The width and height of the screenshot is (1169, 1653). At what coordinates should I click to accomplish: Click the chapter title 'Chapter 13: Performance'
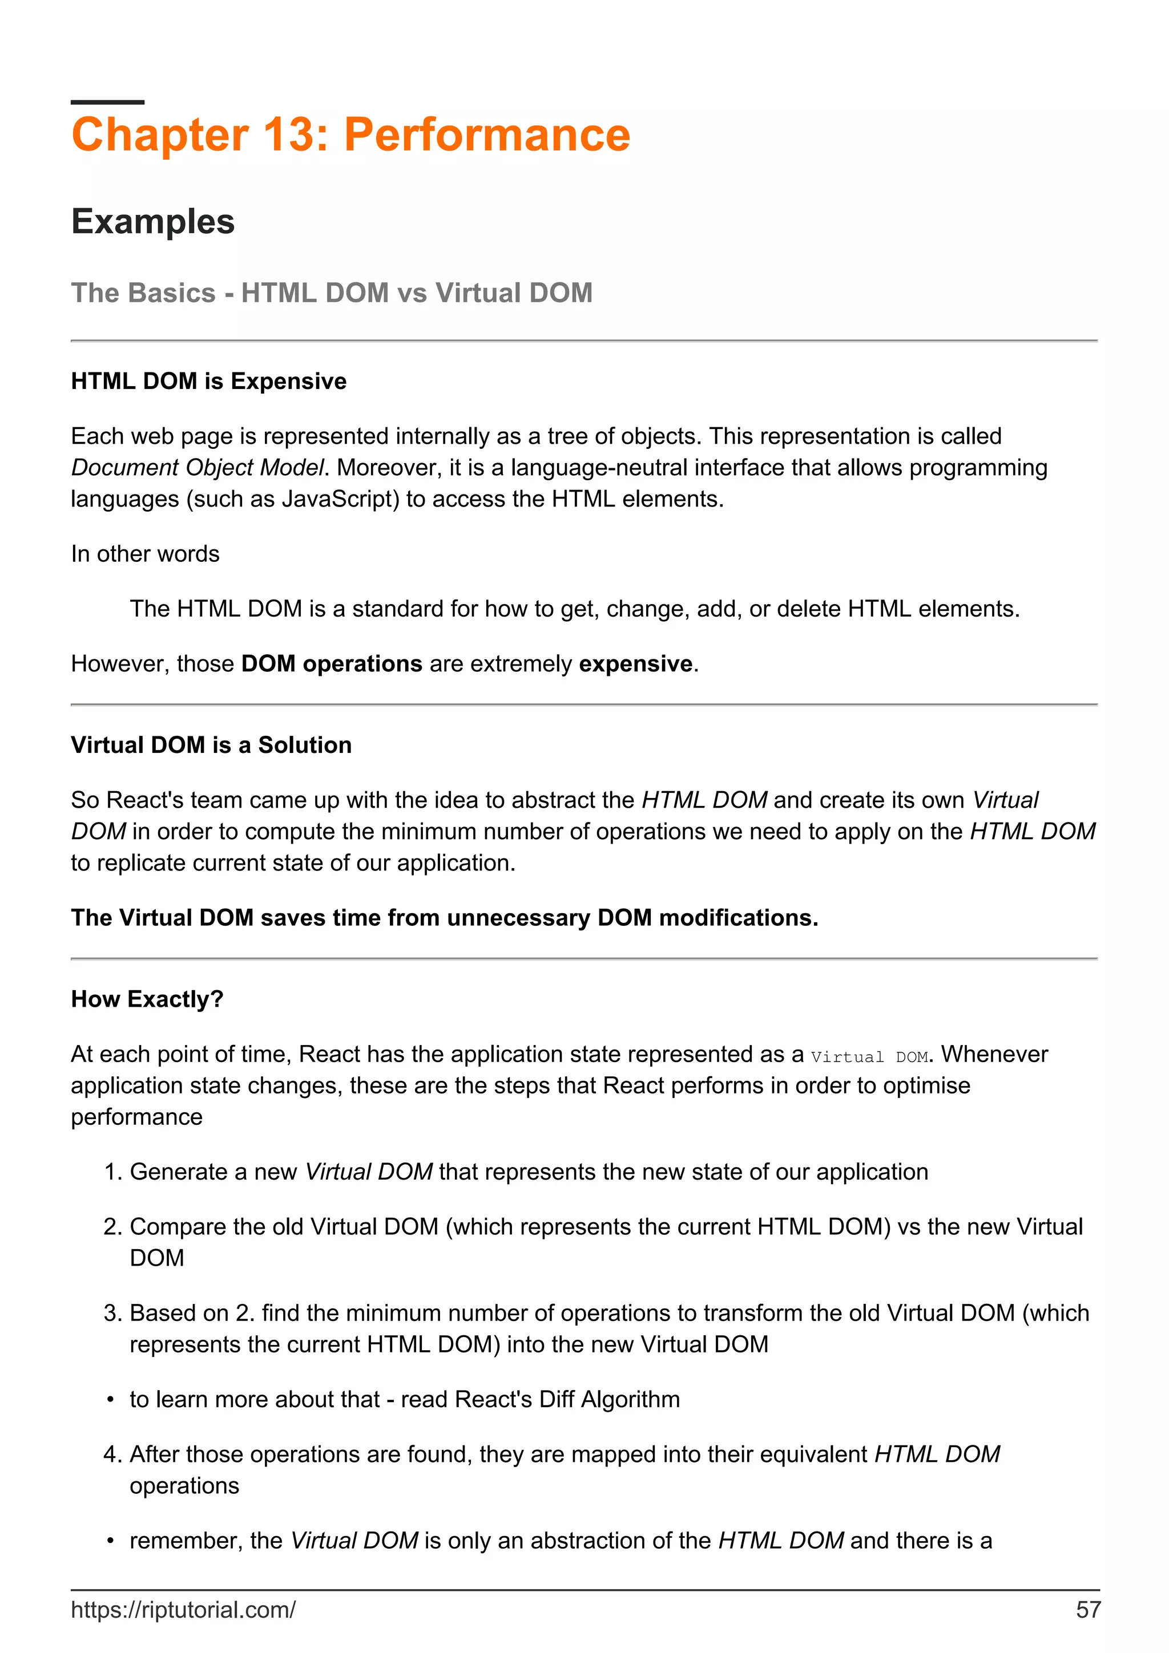pyautogui.click(x=351, y=135)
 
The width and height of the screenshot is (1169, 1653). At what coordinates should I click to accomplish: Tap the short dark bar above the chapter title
pyautogui.click(x=107, y=102)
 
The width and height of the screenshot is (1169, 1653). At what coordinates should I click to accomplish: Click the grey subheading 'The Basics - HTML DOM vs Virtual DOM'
pyautogui.click(x=331, y=293)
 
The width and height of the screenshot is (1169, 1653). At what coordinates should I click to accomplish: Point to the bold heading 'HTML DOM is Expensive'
pyautogui.click(x=208, y=381)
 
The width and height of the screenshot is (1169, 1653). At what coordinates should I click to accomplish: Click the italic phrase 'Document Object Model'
pyautogui.click(x=197, y=468)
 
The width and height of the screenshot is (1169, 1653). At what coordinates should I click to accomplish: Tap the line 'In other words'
pyautogui.click(x=145, y=554)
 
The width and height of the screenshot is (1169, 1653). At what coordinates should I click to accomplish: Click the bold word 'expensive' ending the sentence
pyautogui.click(x=635, y=664)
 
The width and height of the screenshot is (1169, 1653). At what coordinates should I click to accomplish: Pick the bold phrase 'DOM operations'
pyautogui.click(x=331, y=664)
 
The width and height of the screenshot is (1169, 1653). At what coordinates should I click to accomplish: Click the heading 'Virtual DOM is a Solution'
pyautogui.click(x=211, y=745)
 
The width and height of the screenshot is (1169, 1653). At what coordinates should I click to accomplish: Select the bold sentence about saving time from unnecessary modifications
pyautogui.click(x=445, y=918)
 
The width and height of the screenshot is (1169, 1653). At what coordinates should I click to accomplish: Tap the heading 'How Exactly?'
pyautogui.click(x=147, y=999)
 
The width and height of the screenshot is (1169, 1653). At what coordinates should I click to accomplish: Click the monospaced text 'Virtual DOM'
pyautogui.click(x=869, y=1057)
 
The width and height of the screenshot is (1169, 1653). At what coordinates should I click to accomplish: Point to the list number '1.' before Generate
pyautogui.click(x=113, y=1172)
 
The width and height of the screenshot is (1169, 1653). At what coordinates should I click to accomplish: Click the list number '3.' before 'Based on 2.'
pyautogui.click(x=113, y=1313)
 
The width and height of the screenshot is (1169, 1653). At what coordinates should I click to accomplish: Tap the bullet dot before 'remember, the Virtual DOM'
pyautogui.click(x=110, y=1541)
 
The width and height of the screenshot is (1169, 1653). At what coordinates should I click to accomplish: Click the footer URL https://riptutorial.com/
pyautogui.click(x=183, y=1610)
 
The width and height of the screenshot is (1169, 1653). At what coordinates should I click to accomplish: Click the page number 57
pyautogui.click(x=1087, y=1610)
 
